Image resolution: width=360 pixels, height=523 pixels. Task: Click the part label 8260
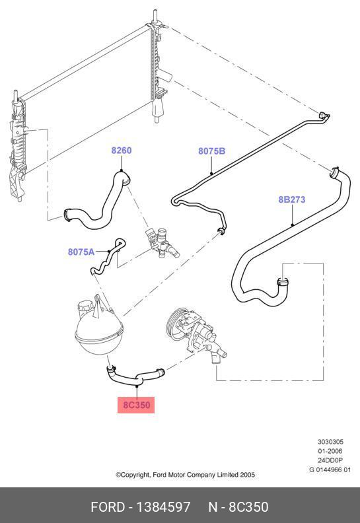pos(122,151)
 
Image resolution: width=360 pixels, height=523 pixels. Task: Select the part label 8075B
pos(212,151)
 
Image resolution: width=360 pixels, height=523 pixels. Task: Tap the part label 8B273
pos(291,199)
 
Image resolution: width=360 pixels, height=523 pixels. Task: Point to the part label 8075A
pos(81,252)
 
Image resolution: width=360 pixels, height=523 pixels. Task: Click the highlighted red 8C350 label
pos(136,405)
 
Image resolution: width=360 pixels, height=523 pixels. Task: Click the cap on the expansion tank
pos(86,308)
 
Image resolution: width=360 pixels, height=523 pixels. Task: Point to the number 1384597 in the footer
pos(163,507)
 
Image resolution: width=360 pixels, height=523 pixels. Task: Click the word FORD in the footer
pos(108,507)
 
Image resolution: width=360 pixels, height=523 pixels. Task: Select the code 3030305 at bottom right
pos(330,442)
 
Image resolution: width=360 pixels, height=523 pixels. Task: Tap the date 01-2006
pos(330,451)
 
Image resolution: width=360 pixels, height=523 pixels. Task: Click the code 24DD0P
pos(330,461)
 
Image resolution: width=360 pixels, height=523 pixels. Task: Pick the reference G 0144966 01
pos(330,470)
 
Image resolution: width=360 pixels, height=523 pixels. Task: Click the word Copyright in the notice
pos(133,475)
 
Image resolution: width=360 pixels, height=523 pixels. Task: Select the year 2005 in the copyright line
pos(248,475)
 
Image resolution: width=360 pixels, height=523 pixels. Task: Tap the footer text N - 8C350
pos(238,507)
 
